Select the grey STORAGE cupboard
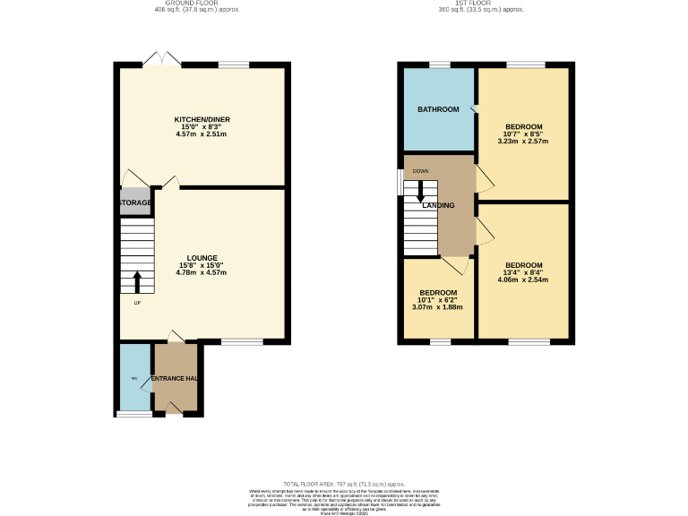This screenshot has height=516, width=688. [x=134, y=203]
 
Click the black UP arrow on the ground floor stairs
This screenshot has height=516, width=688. [x=137, y=283]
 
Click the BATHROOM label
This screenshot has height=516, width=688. [x=438, y=109]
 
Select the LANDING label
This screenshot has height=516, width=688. [x=439, y=206]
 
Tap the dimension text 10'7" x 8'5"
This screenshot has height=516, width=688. [x=522, y=134]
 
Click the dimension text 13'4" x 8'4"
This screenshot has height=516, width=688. [x=523, y=272]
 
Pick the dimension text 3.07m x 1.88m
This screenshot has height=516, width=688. [x=438, y=307]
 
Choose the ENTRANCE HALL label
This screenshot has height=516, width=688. [x=175, y=379]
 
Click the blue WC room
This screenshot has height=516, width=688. [x=133, y=377]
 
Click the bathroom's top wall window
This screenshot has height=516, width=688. [x=438, y=64]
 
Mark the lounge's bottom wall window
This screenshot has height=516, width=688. [x=241, y=341]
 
